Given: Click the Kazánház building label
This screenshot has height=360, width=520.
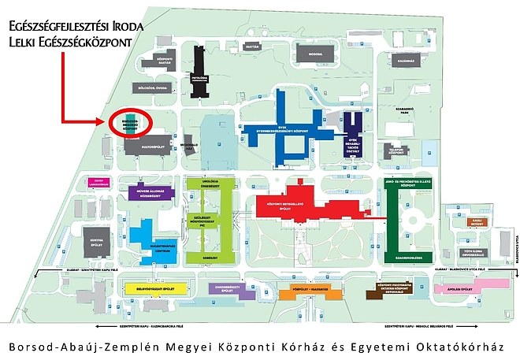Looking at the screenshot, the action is coord(406,58).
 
